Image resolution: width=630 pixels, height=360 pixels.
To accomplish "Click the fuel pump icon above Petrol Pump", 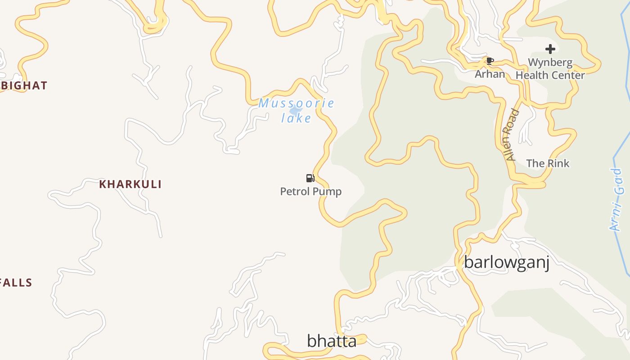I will coord(310,178).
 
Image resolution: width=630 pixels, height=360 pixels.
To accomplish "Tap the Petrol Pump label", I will coord(311,192).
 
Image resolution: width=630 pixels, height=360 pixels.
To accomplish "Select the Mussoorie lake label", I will coord(296,111).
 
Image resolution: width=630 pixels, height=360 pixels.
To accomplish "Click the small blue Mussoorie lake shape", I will coord(295,110).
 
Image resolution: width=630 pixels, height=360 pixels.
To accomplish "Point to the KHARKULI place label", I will coord(130,184).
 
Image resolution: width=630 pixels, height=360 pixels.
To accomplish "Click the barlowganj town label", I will coord(507,262).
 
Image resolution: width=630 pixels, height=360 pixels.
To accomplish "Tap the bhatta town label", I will coord(332,341).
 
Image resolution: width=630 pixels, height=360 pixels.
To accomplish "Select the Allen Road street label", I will coord(512,135).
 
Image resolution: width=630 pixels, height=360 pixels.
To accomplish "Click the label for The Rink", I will coord(548,163).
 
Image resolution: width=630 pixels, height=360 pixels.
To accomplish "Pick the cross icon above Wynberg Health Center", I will coord(550,49).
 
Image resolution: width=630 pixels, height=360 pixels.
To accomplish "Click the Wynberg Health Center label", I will coord(550,69).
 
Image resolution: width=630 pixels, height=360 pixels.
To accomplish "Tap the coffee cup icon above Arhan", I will coord(490,61).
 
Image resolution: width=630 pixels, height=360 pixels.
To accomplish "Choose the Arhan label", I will coord(490,74).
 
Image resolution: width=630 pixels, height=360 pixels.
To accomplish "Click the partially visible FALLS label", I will coord(16,283).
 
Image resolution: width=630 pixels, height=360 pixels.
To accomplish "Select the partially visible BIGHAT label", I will coord(24,85).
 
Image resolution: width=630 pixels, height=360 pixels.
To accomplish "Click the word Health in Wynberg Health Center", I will coord(534,75).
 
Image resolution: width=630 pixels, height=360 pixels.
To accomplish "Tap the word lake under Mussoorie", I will coord(296,118).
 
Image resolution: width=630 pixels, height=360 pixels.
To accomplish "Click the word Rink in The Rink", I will coord(558,163).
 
